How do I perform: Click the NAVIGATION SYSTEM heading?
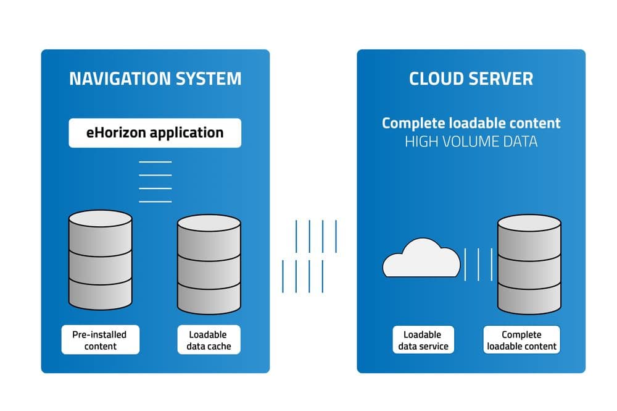(155, 78)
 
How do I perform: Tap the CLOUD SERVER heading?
(471, 78)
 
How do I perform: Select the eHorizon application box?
(155, 133)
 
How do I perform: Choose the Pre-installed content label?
(100, 340)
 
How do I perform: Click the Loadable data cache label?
(209, 340)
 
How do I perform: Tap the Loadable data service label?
(423, 340)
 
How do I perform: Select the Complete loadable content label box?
(521, 340)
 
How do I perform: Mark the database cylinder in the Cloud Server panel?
(529, 265)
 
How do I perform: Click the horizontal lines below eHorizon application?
(155, 181)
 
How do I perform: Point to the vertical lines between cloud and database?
(478, 265)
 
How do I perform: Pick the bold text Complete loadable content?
(471, 123)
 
